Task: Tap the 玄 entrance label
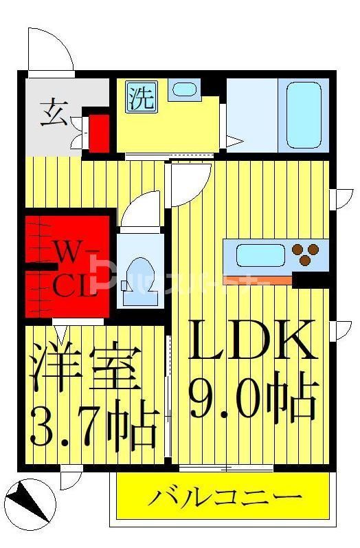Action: [x=53, y=111]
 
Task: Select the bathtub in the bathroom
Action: [x=304, y=115]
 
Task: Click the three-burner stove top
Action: [x=308, y=254]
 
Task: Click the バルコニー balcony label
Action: [x=225, y=497]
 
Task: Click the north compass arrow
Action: [x=28, y=501]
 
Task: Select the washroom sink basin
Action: [x=183, y=89]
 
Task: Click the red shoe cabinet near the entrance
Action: [x=100, y=133]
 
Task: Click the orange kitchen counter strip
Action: [x=258, y=279]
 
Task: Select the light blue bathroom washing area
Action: [x=252, y=115]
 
